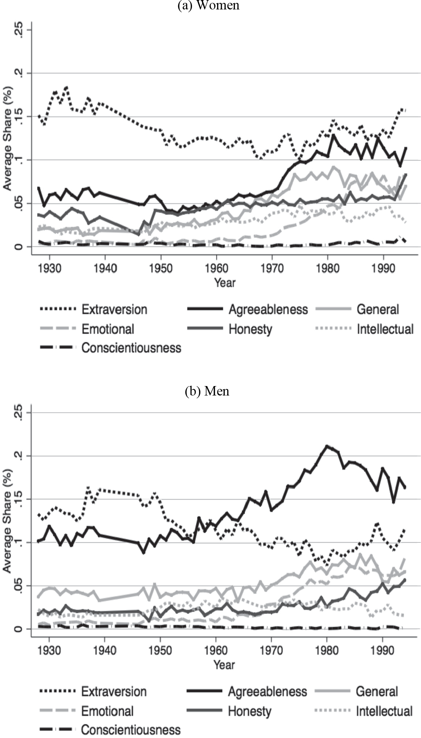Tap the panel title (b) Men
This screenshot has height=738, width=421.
[x=207, y=391]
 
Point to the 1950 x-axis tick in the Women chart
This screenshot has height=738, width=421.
[x=161, y=268]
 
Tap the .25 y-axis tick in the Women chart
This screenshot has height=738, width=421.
[x=19, y=30]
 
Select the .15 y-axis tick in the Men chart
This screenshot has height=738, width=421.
[x=19, y=499]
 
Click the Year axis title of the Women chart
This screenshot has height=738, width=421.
[x=225, y=282]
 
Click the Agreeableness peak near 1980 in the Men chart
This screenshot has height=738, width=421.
[x=327, y=446]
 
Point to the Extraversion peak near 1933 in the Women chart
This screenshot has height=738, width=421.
[x=66, y=87]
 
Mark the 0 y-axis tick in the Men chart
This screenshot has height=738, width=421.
[x=19, y=629]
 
